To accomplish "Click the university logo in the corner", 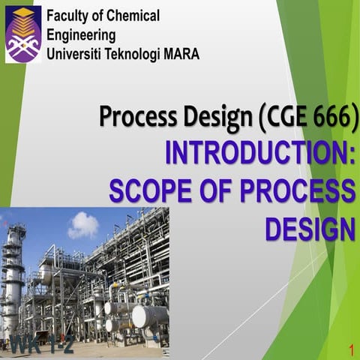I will click(x=22, y=34).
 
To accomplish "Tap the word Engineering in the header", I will click(x=81, y=35).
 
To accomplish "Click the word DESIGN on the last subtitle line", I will click(x=310, y=227).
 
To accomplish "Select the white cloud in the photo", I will click(x=82, y=224).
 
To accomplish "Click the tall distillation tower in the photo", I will click(x=13, y=277).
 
